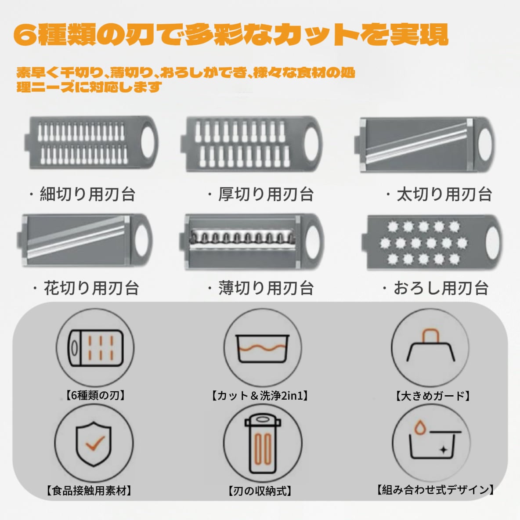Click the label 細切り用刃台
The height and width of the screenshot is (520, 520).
pyautogui.click(x=87, y=194)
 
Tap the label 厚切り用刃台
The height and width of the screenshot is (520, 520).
pyautogui.click(x=266, y=194)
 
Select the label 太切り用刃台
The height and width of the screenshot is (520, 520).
pyautogui.click(x=444, y=194)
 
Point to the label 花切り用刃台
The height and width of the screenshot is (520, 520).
pyautogui.click(x=91, y=288)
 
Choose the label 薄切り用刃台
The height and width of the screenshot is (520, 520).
pyautogui.click(x=266, y=288)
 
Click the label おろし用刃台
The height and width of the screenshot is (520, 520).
pyautogui.click(x=441, y=288)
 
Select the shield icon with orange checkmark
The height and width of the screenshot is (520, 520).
pyautogui.click(x=94, y=444)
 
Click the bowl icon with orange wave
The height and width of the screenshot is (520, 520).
pyautogui.click(x=262, y=349)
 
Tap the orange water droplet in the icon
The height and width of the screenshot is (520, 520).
pyautogui.click(x=420, y=427)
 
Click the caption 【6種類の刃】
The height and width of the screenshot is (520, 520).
pyautogui.click(x=95, y=395)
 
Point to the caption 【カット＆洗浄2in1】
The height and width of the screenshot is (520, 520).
pyautogui.click(x=260, y=395)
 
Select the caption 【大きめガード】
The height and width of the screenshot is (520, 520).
pyautogui.click(x=433, y=395)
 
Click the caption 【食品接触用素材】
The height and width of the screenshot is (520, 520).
pyautogui.click(x=89, y=491)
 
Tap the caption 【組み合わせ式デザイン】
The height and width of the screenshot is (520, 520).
pyautogui.click(x=435, y=490)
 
